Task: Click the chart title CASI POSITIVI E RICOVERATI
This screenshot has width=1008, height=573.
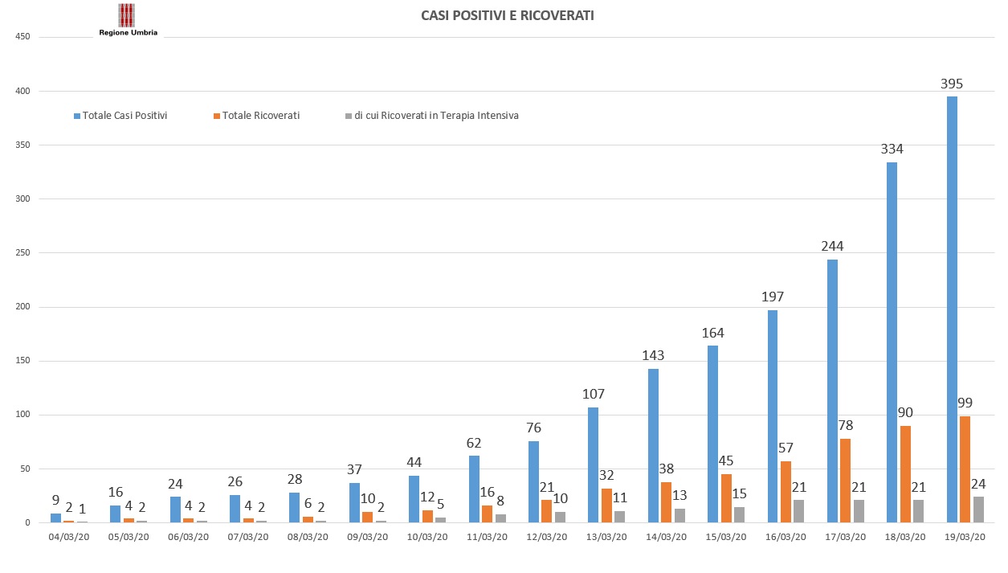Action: click(507, 16)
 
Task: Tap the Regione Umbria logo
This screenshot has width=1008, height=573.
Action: click(128, 20)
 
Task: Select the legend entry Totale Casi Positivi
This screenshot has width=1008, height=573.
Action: click(120, 116)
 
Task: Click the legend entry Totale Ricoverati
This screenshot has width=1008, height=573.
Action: click(256, 116)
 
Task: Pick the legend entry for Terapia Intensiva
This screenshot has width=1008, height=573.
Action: click(432, 116)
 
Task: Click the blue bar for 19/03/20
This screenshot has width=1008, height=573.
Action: click(952, 309)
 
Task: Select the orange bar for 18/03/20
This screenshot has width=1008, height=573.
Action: click(905, 474)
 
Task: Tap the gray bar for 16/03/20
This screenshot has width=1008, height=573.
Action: click(798, 511)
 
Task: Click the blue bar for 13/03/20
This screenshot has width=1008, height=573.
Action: click(593, 465)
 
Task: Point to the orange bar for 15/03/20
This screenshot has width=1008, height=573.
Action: click(726, 498)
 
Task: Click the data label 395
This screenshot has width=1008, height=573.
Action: click(952, 84)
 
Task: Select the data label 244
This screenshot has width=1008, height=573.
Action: click(832, 246)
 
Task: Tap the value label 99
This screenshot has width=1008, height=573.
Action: click(965, 403)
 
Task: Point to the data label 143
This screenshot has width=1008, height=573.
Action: click(653, 355)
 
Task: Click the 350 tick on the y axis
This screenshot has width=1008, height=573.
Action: click(22, 145)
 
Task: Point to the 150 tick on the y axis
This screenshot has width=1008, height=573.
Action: click(22, 361)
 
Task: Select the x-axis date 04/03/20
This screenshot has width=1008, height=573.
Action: click(69, 537)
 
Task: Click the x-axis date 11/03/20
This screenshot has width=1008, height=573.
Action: click(487, 537)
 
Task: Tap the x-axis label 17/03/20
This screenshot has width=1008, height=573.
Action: click(846, 537)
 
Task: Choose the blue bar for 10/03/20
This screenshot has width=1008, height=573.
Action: click(414, 499)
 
